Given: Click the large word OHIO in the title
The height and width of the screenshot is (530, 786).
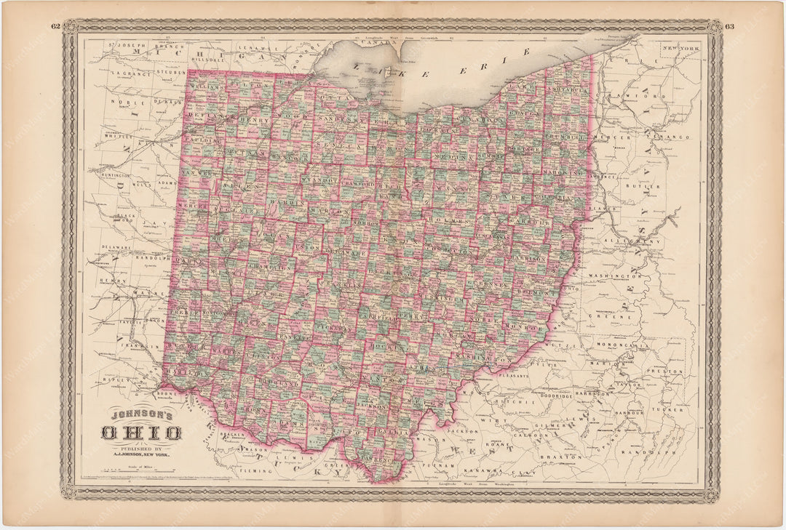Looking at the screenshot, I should pos(141,434).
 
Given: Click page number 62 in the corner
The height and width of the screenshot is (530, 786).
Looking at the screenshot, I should pos(55,27).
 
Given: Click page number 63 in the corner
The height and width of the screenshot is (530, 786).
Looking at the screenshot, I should pos(730,27).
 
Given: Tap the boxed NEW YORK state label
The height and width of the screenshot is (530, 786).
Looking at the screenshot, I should pos(680,48).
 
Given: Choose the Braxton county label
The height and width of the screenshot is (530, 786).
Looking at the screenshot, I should pos(560,457).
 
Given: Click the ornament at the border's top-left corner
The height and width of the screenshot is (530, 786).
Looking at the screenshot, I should pos(70,27).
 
